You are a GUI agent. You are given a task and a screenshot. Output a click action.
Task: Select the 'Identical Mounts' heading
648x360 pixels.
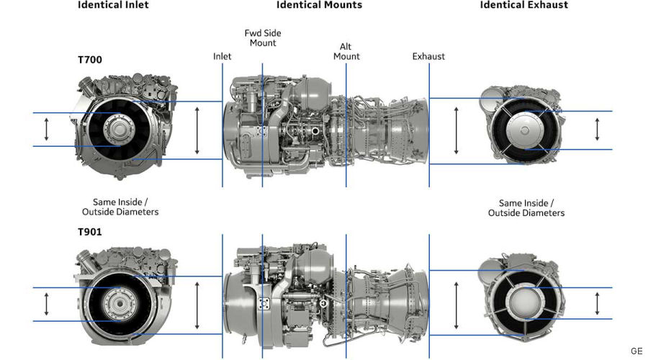click(x=319, y=5)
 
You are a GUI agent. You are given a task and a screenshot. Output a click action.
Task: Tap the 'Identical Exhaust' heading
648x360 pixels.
click(x=524, y=5)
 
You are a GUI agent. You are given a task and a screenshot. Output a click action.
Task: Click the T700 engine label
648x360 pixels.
click(x=90, y=60)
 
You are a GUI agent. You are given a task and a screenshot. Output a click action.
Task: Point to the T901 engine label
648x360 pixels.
click(x=90, y=232)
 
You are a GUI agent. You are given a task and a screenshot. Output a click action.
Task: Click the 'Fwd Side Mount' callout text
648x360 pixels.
click(x=263, y=37)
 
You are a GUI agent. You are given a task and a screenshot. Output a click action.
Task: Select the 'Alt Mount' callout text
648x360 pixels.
click(x=346, y=52)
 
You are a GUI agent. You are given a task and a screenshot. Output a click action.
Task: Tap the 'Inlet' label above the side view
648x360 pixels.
click(x=222, y=56)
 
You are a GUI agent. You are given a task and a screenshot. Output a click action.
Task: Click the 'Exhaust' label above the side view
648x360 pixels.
click(x=428, y=56)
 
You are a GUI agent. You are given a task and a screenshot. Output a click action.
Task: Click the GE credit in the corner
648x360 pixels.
click(x=636, y=351)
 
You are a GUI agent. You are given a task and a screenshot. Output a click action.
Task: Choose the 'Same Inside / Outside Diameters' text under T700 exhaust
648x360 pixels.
click(x=526, y=208)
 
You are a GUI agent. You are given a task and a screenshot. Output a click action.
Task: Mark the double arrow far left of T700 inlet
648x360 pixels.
click(x=47, y=130)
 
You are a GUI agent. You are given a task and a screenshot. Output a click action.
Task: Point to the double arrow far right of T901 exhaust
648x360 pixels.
click(x=597, y=303)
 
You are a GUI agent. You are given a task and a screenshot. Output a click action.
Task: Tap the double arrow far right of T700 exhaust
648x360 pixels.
click(x=597, y=130)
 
